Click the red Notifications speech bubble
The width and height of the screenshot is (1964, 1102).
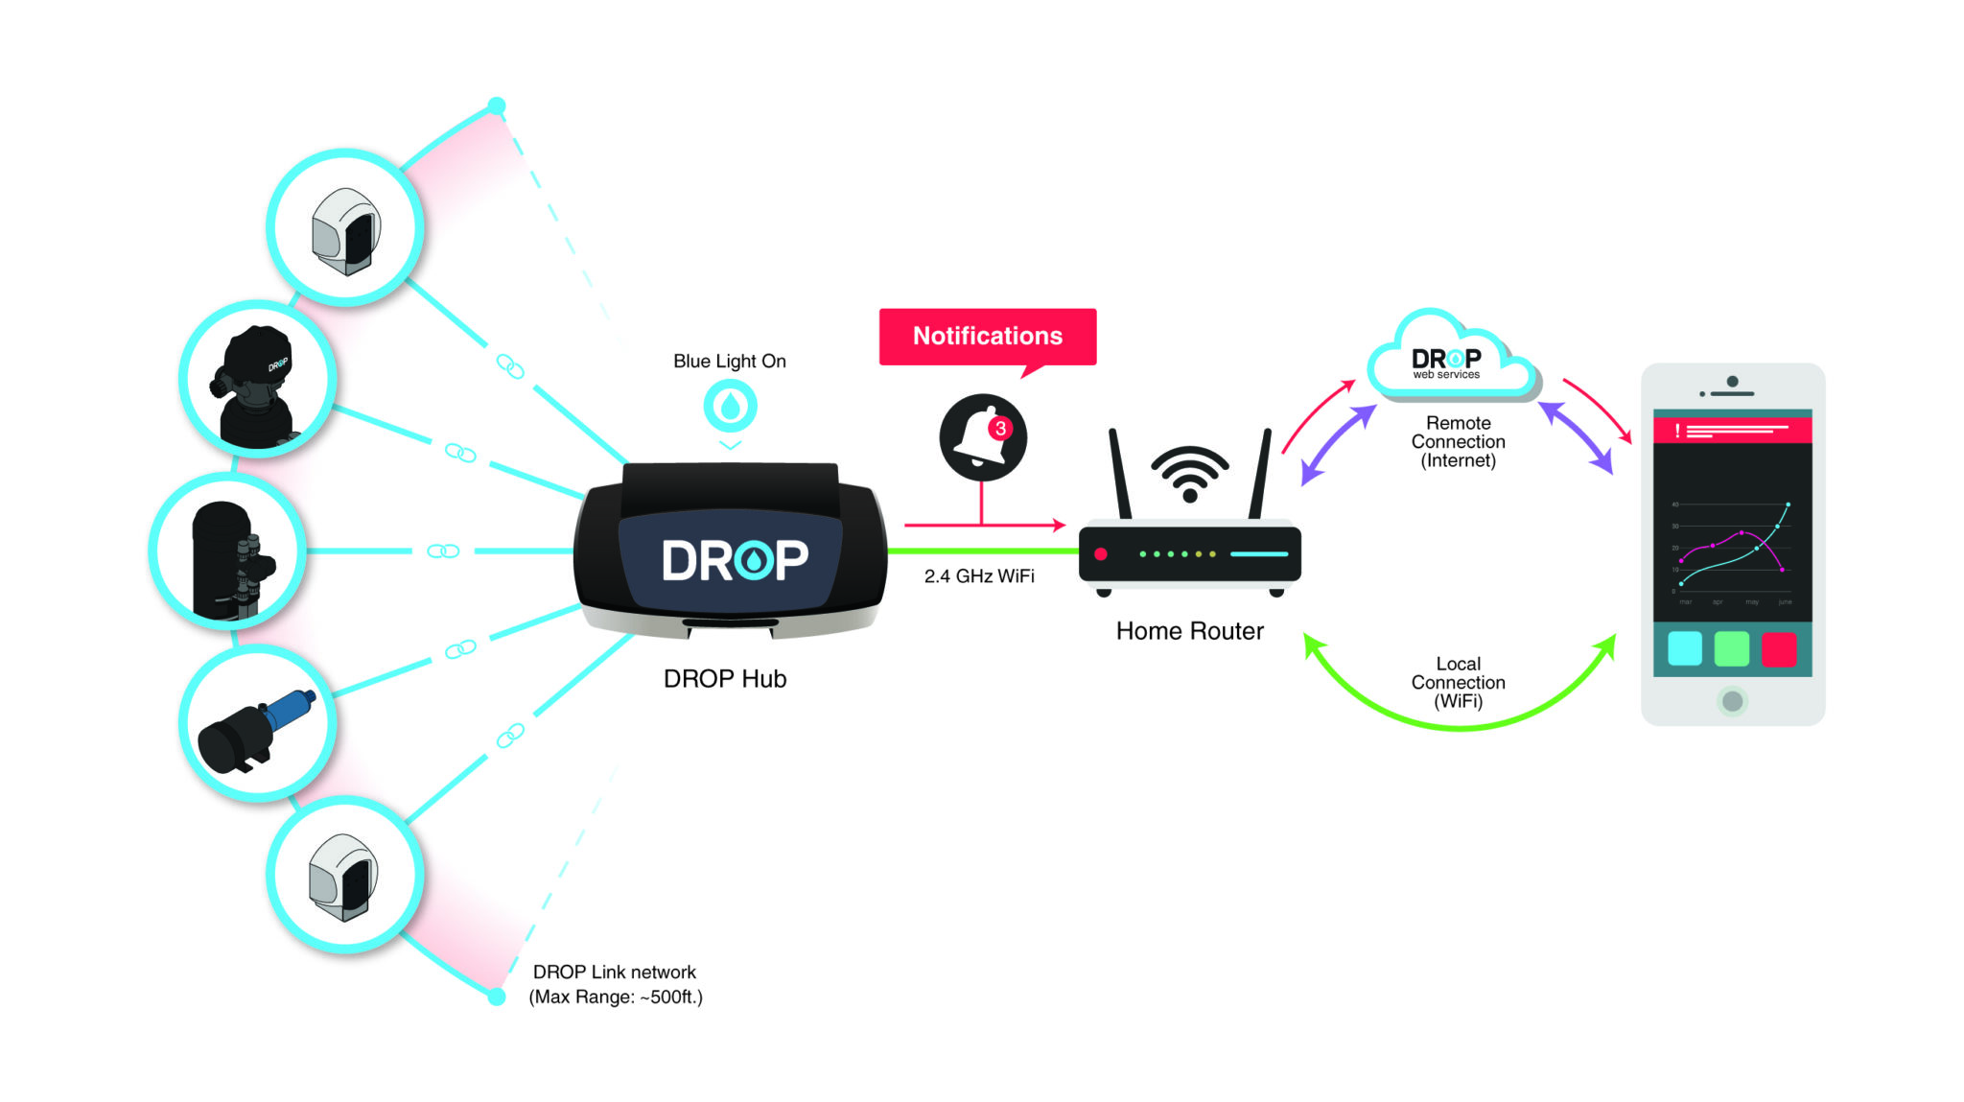(x=987, y=337)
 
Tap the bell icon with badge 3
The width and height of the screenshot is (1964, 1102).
(x=982, y=437)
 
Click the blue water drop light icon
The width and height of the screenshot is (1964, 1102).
(x=730, y=406)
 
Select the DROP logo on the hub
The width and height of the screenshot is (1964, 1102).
(x=735, y=560)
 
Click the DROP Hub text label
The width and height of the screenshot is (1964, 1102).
(x=725, y=679)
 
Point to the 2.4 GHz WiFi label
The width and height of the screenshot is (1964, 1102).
(x=978, y=576)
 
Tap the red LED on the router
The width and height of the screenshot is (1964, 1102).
(x=1101, y=554)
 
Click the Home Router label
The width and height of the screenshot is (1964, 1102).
(x=1189, y=631)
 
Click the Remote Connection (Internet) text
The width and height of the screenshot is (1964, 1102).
(x=1458, y=442)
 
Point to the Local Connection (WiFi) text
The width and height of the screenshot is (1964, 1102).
(x=1458, y=683)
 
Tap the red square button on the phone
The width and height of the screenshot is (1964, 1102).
(x=1779, y=649)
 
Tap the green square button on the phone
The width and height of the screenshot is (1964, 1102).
(x=1731, y=649)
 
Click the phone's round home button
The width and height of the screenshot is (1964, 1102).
(x=1732, y=701)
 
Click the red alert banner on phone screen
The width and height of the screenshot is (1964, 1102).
(x=1732, y=431)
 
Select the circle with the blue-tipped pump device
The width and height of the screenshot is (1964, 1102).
(x=257, y=724)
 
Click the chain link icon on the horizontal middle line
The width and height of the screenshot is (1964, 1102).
(x=443, y=551)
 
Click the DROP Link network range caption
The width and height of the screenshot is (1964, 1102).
(x=616, y=985)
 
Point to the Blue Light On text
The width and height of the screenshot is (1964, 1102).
(x=729, y=362)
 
